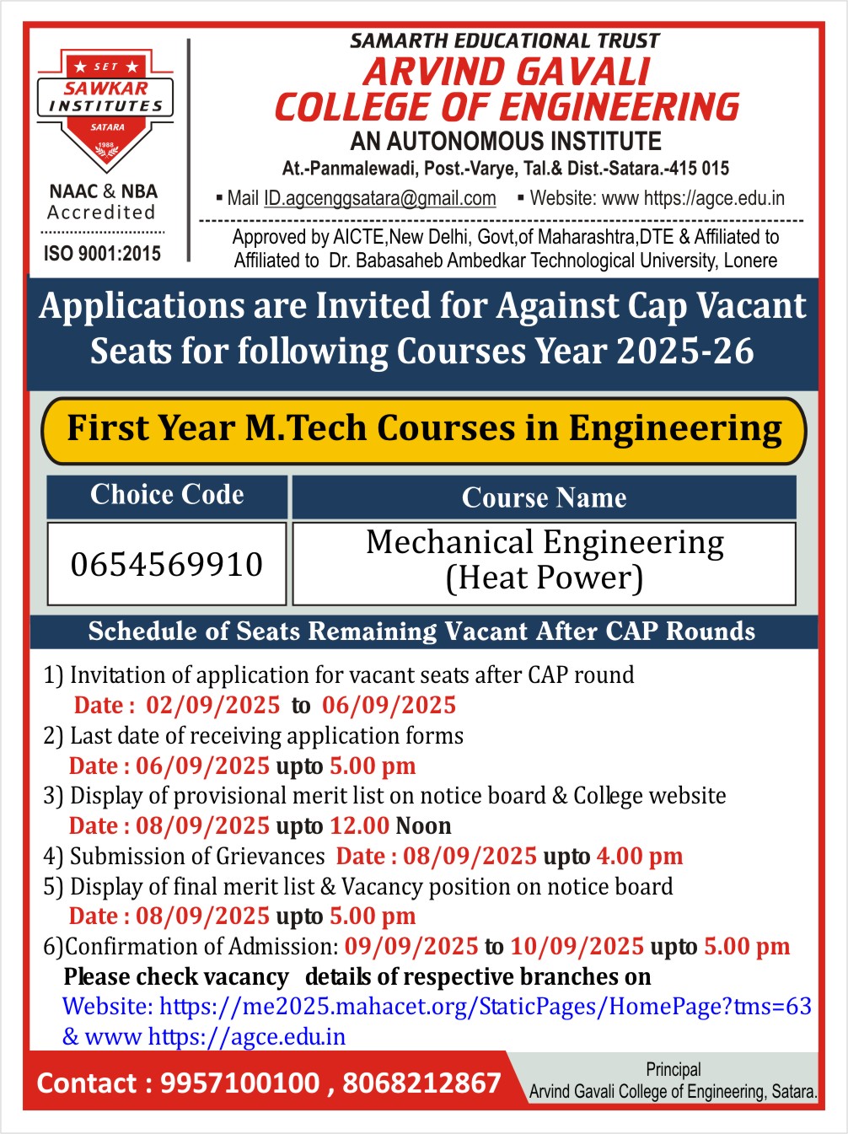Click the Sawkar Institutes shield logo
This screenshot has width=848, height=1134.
click(105, 110)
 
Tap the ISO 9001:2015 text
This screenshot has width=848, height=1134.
click(102, 253)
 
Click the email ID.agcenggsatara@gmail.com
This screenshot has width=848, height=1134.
click(379, 198)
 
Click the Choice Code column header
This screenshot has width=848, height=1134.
click(167, 495)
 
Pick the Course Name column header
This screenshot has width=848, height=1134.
click(544, 497)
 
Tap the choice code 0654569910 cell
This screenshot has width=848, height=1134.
click(167, 564)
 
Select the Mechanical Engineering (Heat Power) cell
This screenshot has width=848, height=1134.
click(545, 561)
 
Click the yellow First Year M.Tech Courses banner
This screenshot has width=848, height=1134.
click(424, 429)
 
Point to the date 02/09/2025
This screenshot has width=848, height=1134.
click(212, 705)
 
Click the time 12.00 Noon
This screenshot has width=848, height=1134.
click(390, 825)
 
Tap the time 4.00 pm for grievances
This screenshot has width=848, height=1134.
click(639, 856)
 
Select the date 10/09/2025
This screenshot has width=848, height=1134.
click(577, 946)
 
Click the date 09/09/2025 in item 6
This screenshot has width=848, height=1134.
click(411, 946)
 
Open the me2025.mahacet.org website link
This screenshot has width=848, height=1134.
click(485, 1006)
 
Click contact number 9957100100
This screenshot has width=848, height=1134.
click(239, 1083)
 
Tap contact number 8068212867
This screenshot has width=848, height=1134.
click(421, 1083)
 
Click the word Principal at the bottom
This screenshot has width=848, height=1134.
click(673, 1069)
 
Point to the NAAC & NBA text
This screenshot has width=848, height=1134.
click(103, 191)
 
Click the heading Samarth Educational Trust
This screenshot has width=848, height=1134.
click(504, 40)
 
